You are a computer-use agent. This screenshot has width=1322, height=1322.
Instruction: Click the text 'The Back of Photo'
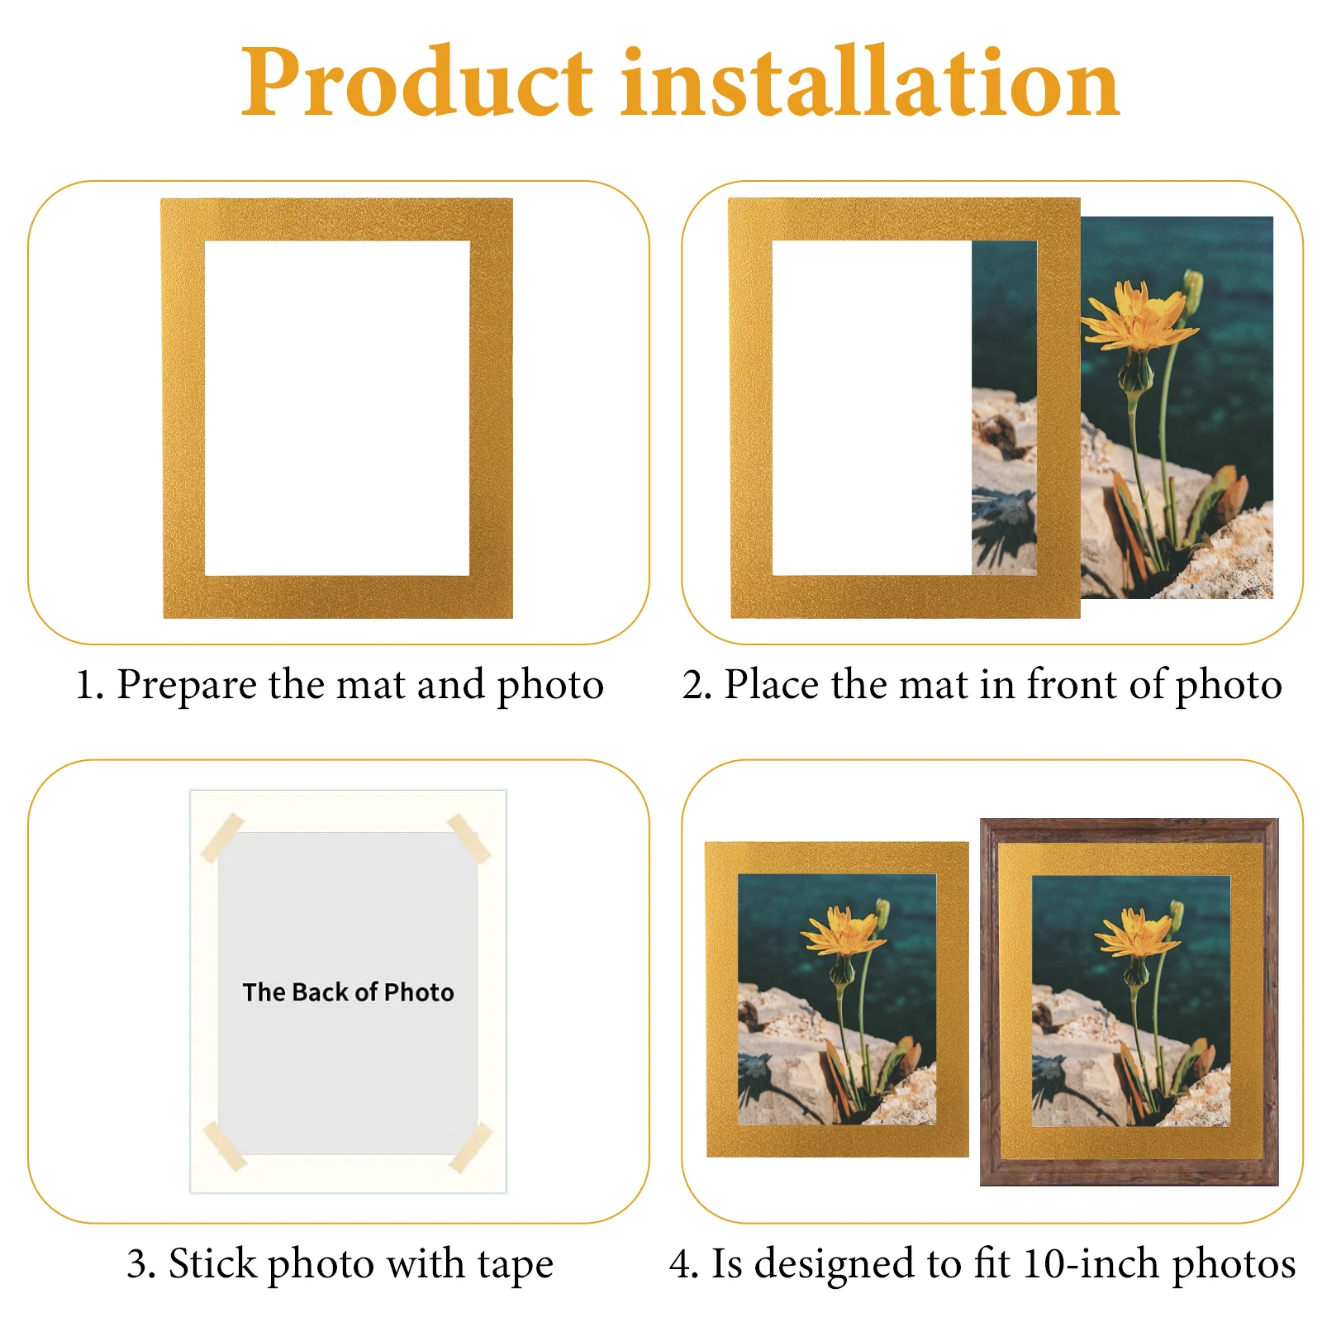click(x=348, y=991)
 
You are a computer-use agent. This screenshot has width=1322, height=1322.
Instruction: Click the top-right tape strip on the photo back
click(x=468, y=838)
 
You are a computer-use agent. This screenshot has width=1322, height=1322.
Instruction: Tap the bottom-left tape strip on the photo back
click(x=225, y=1146)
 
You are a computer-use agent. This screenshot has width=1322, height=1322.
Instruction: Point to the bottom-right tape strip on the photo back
click(x=471, y=1147)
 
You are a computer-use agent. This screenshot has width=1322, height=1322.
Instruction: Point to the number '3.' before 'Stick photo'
click(x=141, y=1265)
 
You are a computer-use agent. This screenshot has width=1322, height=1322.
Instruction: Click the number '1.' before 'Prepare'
click(x=88, y=685)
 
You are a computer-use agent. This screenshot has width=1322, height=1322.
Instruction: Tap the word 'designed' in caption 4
click(x=835, y=1263)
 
